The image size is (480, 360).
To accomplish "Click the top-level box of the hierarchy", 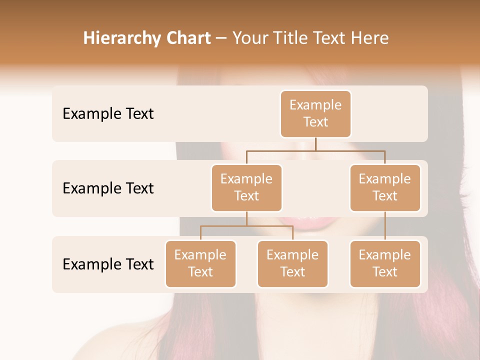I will point(315,113).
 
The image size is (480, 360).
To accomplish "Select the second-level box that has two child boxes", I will point(246,187).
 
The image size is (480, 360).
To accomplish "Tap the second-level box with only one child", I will point(385,187).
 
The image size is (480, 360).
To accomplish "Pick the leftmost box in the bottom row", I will point(200,263).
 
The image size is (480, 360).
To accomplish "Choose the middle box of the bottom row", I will point(292,263).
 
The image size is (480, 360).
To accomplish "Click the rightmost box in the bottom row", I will point(385,263).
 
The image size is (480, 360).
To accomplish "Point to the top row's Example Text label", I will point(108,114).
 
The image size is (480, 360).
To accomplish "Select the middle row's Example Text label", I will point(108,188).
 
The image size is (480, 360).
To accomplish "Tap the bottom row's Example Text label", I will point(108,264).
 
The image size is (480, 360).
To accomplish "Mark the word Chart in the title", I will point(186,38).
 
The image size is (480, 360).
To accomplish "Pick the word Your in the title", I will point(250,38).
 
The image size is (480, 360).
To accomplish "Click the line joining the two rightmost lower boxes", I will point(385,226).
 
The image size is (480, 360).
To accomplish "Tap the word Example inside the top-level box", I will point(315,105).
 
